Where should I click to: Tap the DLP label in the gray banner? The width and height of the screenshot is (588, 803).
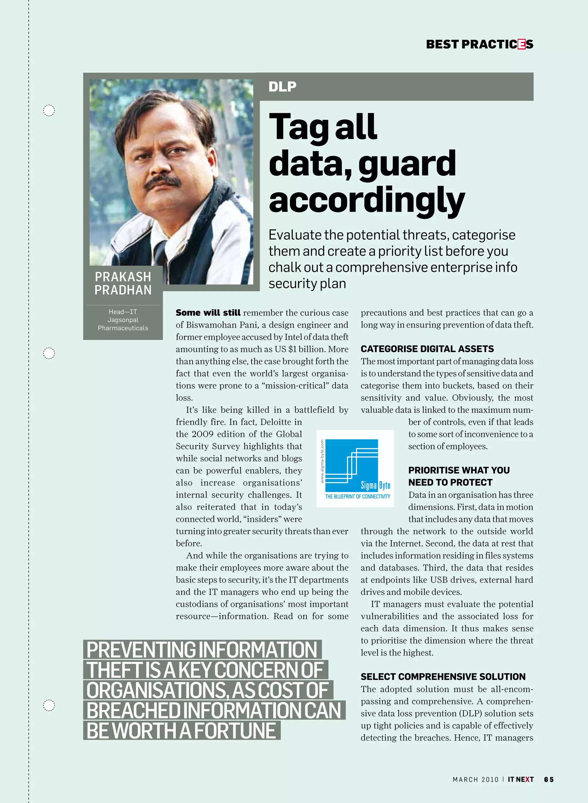tap(282, 86)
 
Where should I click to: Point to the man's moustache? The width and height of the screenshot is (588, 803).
tap(162, 183)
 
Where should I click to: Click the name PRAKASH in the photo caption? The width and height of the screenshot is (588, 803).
tap(123, 276)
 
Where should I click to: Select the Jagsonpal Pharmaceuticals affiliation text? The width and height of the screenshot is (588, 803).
tap(123, 324)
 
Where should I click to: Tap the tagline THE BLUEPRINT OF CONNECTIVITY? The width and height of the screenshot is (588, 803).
tap(357, 496)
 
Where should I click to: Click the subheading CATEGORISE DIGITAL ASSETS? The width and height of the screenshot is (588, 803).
tap(427, 349)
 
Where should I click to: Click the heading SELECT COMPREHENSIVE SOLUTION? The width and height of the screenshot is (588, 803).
tap(443, 677)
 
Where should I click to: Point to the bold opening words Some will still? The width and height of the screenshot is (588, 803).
tap(208, 313)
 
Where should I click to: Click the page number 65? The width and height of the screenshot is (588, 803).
tap(548, 779)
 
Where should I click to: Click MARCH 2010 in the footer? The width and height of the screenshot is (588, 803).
tap(475, 779)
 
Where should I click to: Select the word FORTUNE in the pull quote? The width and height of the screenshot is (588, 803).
tap(235, 731)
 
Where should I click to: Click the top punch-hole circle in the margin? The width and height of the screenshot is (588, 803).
tap(49, 111)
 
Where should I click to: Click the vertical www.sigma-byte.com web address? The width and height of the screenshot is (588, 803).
tap(322, 461)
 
